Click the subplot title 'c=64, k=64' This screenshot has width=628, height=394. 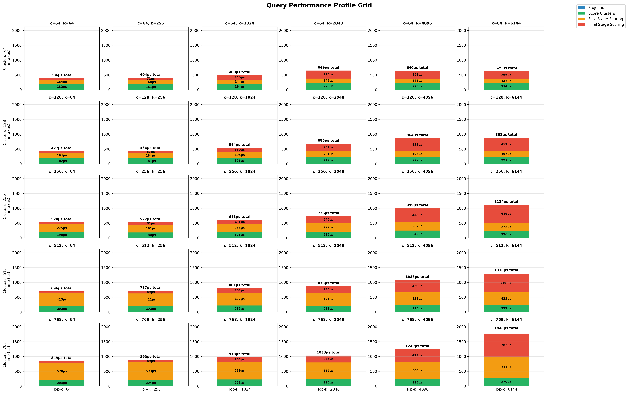tap(62, 23)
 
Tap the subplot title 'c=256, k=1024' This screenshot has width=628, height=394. tap(239, 171)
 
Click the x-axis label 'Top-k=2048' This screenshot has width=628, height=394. tap(328, 389)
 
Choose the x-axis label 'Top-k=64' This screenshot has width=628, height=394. tap(62, 389)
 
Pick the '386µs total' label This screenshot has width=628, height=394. tap(62, 75)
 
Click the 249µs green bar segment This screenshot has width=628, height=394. tap(417, 234)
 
